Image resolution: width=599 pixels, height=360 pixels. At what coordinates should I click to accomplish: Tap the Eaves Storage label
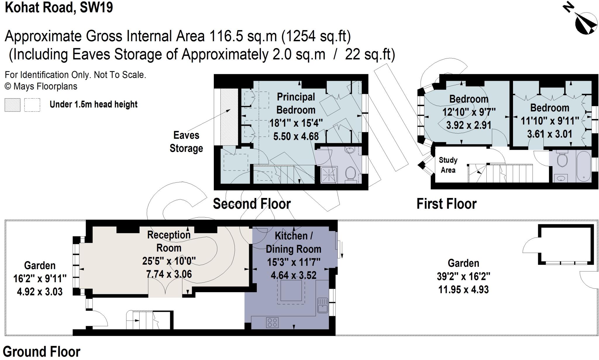[x=186, y=142]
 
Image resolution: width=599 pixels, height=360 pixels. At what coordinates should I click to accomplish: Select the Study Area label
[x=448, y=165]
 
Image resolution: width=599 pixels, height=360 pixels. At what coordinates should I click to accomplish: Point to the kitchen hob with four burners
[x=272, y=323]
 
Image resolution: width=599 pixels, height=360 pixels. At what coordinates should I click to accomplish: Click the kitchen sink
[x=323, y=305]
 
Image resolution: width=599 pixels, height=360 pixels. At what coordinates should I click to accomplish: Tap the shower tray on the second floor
[x=329, y=175]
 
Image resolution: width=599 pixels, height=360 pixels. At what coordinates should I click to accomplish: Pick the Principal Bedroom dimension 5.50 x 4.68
[x=296, y=136]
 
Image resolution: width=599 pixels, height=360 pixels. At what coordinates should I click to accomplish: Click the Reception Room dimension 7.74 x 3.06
[x=169, y=274]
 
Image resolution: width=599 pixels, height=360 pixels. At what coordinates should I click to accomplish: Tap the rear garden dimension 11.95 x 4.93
[x=463, y=290]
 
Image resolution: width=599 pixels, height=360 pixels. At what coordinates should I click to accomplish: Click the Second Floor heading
[x=252, y=204]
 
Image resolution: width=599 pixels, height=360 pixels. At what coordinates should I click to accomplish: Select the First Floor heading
[x=446, y=204]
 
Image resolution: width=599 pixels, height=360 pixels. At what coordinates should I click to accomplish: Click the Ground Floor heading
[x=42, y=352]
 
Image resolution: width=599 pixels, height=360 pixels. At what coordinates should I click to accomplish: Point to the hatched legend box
[x=12, y=105]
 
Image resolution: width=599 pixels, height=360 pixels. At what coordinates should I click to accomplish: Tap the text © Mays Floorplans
[x=41, y=87]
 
